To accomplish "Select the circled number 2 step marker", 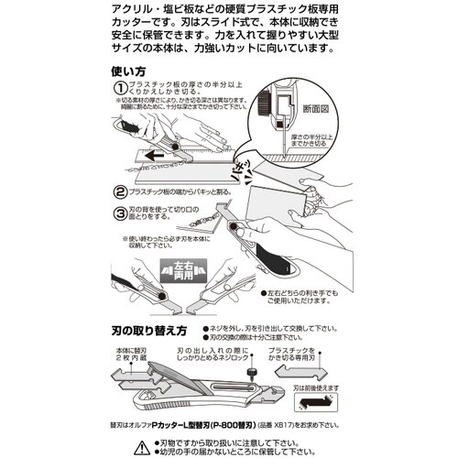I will [121, 193].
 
